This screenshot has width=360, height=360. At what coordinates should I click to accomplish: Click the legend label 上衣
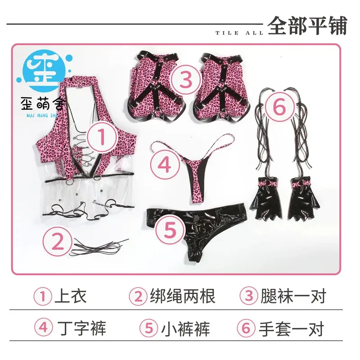[70, 296]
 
